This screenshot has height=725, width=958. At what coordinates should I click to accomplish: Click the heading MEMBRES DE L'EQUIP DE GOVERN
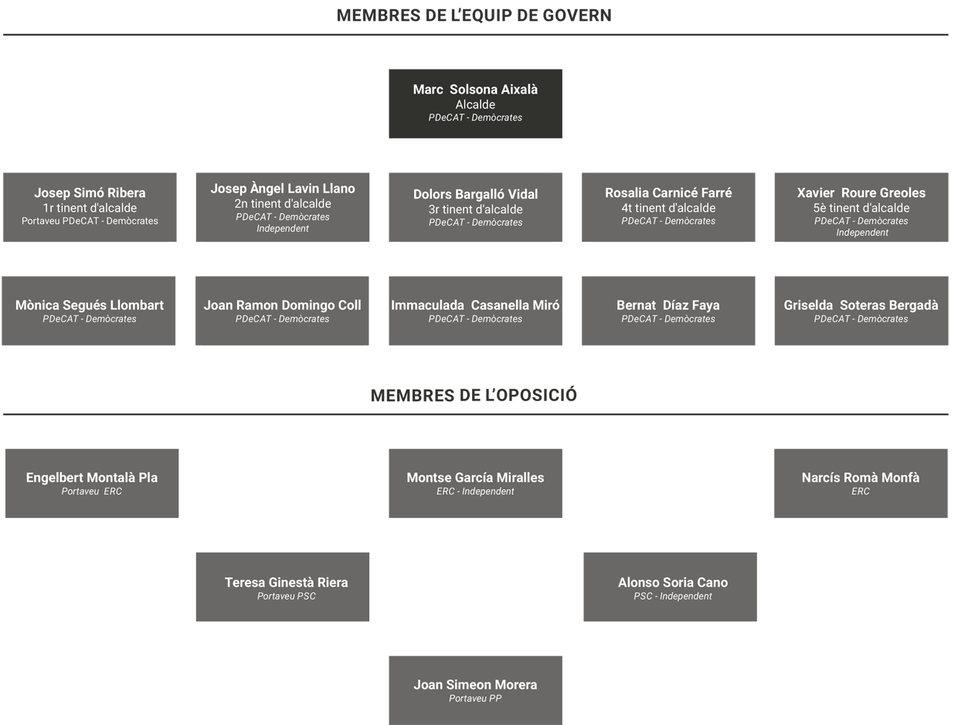(474, 15)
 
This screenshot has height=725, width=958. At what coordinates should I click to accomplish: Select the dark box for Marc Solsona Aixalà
(475, 104)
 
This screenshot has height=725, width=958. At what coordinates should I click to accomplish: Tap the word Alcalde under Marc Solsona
(475, 105)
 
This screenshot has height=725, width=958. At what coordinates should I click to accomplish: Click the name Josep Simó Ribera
(90, 193)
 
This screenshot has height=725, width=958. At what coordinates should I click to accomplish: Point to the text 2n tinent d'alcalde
(283, 204)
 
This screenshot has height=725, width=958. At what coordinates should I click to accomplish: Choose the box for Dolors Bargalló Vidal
(475, 207)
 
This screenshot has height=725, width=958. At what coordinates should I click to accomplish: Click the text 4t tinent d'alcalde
(668, 208)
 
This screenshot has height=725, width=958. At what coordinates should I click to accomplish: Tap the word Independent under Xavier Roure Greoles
(862, 233)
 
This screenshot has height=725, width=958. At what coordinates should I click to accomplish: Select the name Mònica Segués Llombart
(90, 305)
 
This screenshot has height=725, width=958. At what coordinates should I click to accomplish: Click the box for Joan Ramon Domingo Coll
(282, 311)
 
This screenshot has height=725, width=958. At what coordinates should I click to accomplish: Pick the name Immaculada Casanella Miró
(475, 305)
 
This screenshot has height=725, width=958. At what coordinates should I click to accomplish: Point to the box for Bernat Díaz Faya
(668, 311)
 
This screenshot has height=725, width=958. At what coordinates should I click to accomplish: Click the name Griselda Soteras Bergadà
(861, 305)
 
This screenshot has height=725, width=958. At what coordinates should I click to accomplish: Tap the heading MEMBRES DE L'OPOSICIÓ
(474, 396)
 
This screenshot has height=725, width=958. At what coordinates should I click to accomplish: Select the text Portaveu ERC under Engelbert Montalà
(92, 492)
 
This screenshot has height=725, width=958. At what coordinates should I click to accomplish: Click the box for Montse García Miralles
(475, 483)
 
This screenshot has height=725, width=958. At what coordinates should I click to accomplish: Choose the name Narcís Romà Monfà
(861, 478)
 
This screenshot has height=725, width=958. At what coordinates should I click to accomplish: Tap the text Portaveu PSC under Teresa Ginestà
(287, 596)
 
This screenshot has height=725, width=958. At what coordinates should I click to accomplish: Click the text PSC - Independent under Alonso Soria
(673, 596)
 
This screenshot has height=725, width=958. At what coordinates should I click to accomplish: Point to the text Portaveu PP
(475, 699)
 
